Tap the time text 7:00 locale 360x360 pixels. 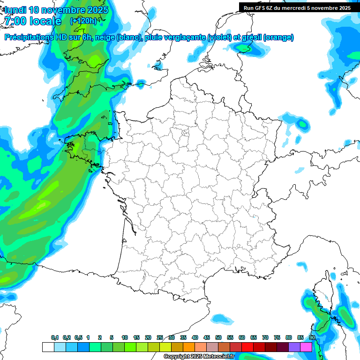32,21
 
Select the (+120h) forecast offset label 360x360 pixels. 83,21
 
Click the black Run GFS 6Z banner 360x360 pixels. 297,7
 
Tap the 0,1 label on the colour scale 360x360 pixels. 55,338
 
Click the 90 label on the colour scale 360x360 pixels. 312,338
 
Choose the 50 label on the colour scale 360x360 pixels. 218,338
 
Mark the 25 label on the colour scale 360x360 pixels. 160,338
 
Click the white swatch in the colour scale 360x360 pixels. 48,347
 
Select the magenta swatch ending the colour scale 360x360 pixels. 306,347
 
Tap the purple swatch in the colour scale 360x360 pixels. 294,347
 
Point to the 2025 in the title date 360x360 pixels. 97,10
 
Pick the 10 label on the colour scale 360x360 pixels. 125,338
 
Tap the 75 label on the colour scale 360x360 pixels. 277,338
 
